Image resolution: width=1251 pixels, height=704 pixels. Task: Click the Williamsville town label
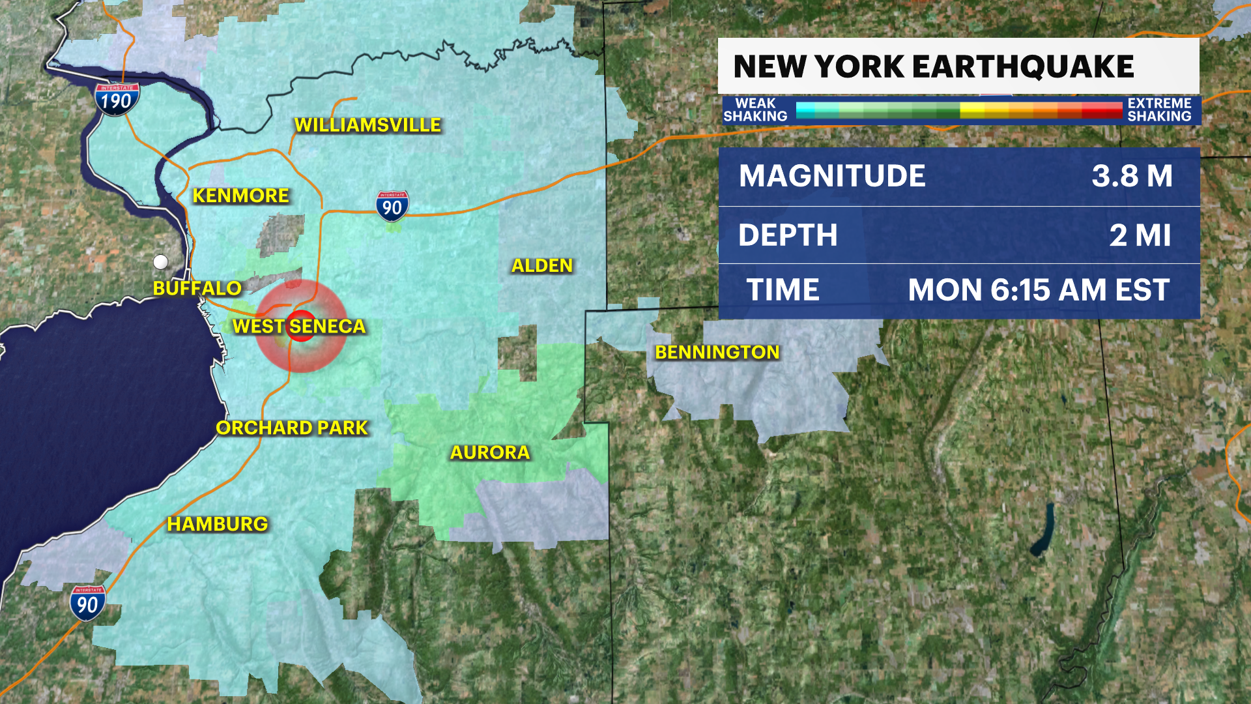point(367,125)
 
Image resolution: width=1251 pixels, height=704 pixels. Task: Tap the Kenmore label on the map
point(240,196)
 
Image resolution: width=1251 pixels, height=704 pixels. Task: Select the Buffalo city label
point(197,288)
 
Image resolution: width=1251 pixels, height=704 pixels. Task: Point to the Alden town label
point(541,266)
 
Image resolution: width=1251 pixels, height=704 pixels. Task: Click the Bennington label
point(717,353)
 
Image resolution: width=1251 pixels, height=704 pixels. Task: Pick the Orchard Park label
point(292,428)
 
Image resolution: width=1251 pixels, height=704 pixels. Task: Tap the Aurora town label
point(490,453)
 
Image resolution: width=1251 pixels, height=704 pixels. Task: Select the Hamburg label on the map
point(217,524)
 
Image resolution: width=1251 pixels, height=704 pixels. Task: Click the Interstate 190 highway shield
point(117,100)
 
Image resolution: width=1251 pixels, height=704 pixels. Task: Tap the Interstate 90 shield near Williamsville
point(392,206)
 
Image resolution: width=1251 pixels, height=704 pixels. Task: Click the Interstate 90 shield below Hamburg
point(87,604)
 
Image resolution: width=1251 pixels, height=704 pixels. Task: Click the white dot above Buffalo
point(160,262)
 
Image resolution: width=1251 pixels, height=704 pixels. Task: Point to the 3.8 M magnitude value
point(1132,176)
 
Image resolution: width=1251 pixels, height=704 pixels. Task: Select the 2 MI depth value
point(1140,235)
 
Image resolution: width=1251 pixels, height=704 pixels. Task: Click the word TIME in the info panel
point(783,290)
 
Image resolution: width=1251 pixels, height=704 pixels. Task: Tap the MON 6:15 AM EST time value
point(1039,290)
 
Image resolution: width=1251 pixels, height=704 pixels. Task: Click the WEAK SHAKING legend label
point(755,110)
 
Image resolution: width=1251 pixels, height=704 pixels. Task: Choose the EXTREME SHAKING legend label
point(1159,110)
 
